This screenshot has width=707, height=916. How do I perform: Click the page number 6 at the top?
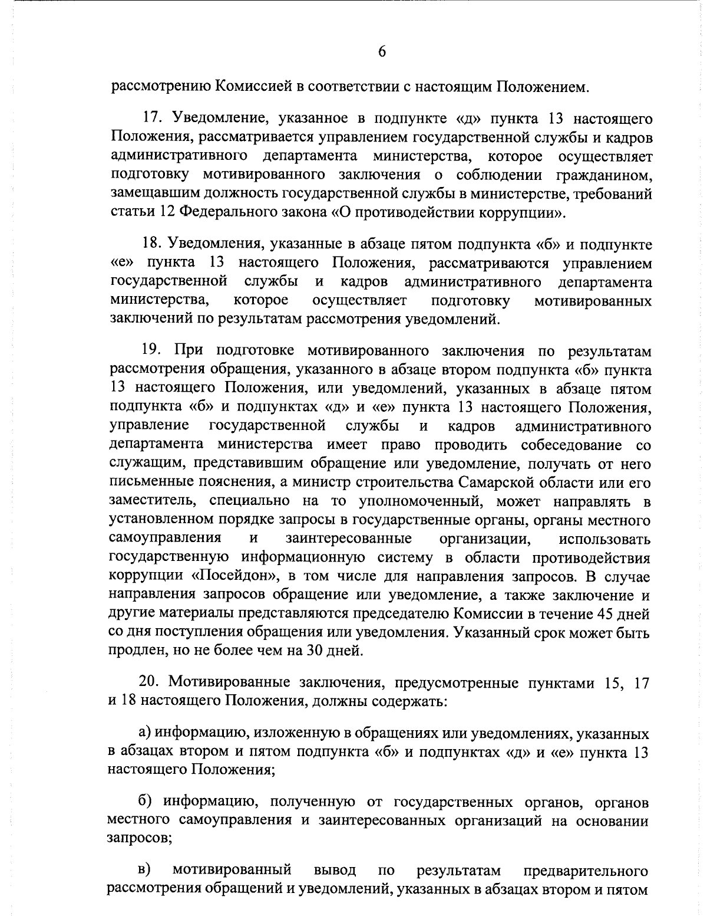tap(381, 51)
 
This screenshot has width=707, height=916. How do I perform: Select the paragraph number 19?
tap(152, 351)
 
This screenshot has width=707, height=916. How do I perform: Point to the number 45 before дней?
tap(608, 613)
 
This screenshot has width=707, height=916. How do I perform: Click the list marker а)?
tap(145, 734)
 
